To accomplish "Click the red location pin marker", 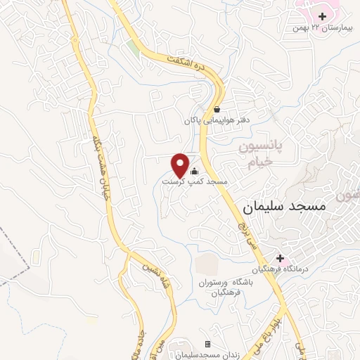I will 180,165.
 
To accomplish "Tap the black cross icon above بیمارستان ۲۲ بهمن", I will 322,15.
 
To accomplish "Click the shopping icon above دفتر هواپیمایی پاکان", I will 217,109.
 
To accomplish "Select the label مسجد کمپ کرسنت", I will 195,181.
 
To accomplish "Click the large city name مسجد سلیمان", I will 285,208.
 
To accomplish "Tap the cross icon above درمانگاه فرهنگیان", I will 280,259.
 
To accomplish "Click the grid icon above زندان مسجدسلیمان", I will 207,344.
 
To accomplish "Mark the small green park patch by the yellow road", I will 133,47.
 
